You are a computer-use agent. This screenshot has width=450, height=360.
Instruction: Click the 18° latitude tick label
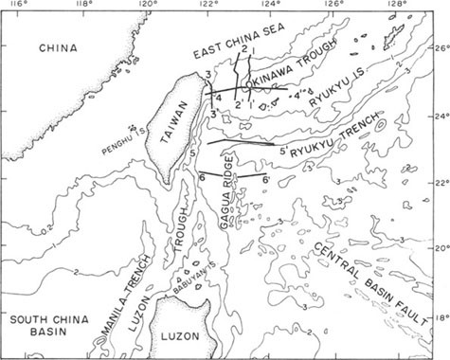440,320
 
